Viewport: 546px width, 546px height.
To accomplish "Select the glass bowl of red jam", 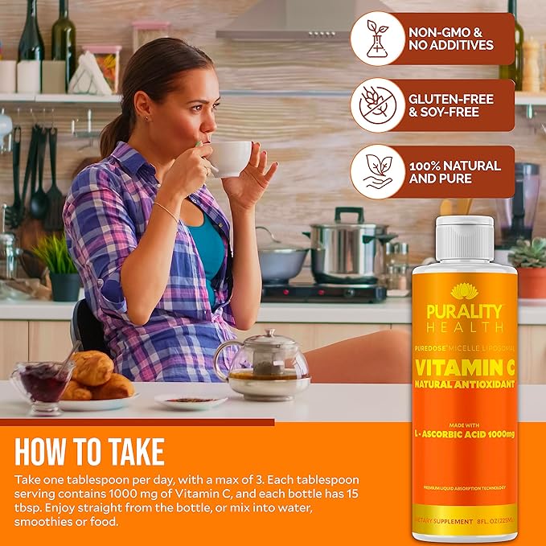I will (x=41, y=381).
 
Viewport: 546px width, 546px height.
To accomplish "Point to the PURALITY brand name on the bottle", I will (x=465, y=311).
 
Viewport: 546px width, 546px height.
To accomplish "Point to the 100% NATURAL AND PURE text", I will (x=454, y=171).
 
